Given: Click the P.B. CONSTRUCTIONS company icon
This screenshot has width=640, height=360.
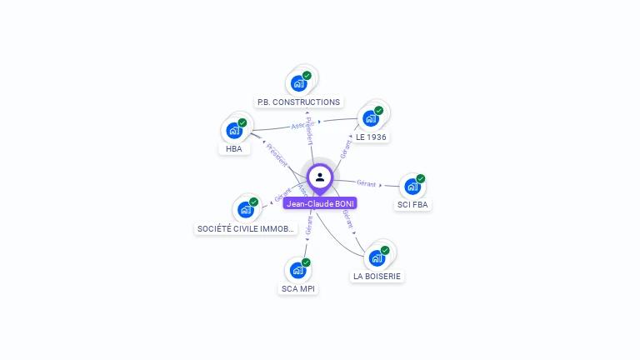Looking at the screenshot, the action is pyautogui.click(x=298, y=83).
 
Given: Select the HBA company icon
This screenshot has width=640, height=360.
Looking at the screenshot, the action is pyautogui.click(x=234, y=131).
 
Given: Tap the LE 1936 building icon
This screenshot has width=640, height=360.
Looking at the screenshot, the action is pyautogui.click(x=371, y=118).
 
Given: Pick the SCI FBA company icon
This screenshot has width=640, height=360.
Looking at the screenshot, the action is pyautogui.click(x=412, y=187).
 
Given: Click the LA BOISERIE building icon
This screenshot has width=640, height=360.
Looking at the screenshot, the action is pyautogui.click(x=377, y=257).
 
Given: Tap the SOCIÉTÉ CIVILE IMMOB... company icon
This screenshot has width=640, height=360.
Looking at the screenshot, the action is pyautogui.click(x=246, y=209).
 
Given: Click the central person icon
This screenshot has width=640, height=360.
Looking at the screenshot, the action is pyautogui.click(x=320, y=177).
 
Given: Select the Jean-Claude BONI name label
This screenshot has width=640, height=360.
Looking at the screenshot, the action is pyautogui.click(x=320, y=203).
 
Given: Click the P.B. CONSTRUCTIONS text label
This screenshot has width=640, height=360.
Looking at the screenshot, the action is pyautogui.click(x=298, y=102).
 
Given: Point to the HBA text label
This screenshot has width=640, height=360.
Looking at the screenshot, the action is pyautogui.click(x=234, y=149).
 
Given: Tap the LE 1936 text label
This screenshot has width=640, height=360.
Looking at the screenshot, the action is pyautogui.click(x=371, y=137).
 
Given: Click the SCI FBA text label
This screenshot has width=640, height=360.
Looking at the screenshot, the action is pyautogui.click(x=413, y=205).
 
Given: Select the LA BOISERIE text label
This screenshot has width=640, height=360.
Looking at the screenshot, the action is pyautogui.click(x=377, y=276).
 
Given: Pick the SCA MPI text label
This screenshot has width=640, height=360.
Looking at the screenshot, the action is pyautogui.click(x=298, y=288).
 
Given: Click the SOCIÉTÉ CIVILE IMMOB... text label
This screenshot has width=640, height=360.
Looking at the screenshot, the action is pyautogui.click(x=246, y=228).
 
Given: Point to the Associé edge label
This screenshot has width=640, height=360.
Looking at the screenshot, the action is pyautogui.click(x=302, y=125).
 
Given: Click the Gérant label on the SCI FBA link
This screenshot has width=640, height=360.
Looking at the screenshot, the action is pyautogui.click(x=367, y=182).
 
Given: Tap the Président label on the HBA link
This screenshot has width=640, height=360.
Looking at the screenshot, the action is pyautogui.click(x=277, y=155).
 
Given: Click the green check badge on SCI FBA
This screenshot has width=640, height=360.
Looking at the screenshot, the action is pyautogui.click(x=421, y=178).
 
